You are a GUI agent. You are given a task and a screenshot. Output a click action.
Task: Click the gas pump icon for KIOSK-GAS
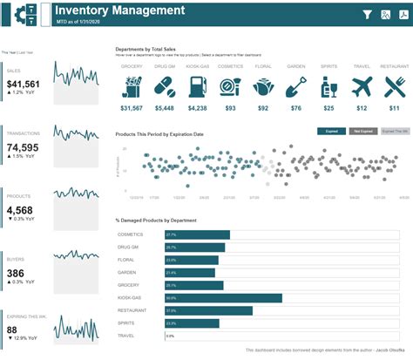(197, 86)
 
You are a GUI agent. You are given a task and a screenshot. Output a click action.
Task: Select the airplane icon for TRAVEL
(362, 86)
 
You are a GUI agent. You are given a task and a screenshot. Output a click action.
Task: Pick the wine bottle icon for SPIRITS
(328, 86)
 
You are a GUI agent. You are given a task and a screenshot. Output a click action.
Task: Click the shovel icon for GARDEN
(295, 86)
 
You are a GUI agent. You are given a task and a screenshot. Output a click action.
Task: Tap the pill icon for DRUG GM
(164, 86)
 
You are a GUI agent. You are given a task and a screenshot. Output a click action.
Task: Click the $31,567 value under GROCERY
(131, 108)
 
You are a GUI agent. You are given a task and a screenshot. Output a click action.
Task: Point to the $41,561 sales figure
(24, 84)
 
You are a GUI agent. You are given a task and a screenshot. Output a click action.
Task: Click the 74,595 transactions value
(24, 147)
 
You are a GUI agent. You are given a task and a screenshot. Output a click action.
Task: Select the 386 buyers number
(17, 273)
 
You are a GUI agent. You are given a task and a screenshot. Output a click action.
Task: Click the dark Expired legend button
(331, 131)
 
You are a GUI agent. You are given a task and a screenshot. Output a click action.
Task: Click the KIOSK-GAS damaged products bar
(222, 297)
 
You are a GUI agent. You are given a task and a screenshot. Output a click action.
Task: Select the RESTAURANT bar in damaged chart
(207, 310)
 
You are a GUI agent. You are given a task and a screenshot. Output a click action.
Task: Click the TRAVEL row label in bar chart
(126, 336)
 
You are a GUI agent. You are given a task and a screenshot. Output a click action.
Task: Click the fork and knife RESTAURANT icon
(395, 86)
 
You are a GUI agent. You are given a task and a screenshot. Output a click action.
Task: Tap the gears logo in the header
(24, 15)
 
